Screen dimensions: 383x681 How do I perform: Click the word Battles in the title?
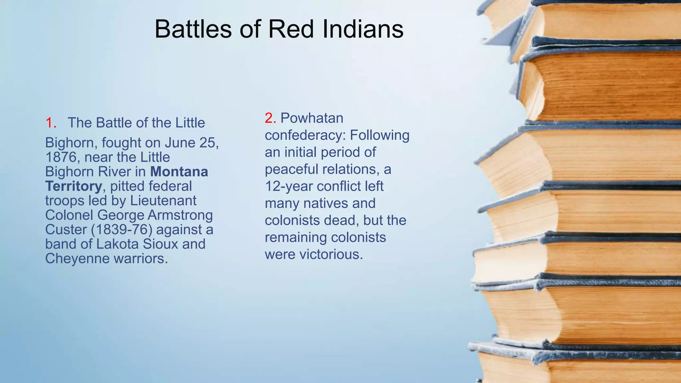[x=193, y=29]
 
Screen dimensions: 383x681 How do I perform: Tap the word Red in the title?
[x=291, y=29]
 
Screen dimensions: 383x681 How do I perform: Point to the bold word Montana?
[x=179, y=172]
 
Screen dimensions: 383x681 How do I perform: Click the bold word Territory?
[x=73, y=186]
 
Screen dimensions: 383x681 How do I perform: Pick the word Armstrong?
[x=180, y=215]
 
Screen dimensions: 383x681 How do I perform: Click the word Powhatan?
[x=312, y=118]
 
